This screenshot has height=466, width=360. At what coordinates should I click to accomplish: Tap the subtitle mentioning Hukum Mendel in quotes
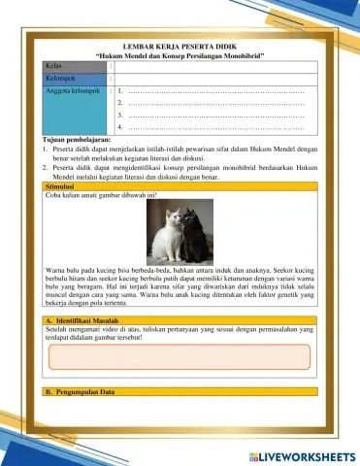pyautogui.click(x=180, y=56)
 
